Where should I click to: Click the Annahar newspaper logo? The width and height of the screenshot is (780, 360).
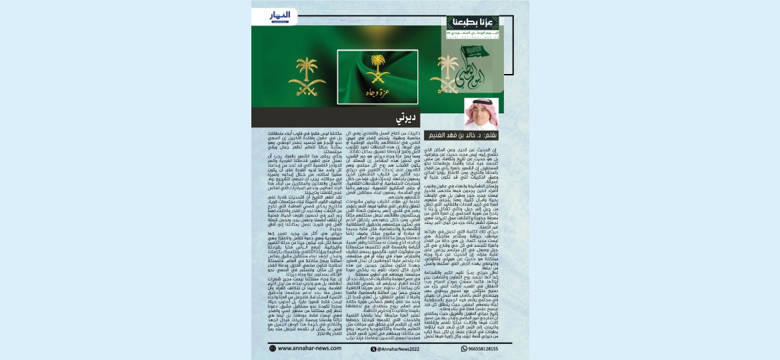coord(280,15)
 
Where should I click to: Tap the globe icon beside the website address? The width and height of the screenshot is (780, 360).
coord(273,348)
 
